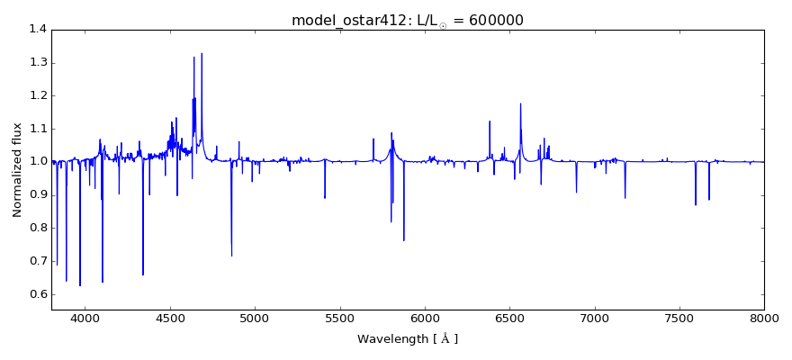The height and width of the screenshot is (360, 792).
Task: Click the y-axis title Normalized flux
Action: (x=17, y=170)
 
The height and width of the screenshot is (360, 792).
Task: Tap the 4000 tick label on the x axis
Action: (x=85, y=318)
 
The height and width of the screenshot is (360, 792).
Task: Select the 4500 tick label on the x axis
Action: (x=170, y=318)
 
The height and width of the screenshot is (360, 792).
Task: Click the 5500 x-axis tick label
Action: (x=339, y=318)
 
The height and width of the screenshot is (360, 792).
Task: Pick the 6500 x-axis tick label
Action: (x=509, y=318)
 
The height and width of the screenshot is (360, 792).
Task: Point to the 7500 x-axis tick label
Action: (x=679, y=318)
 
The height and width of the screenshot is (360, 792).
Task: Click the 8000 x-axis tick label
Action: (x=764, y=318)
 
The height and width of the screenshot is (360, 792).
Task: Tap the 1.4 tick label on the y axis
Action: (x=37, y=30)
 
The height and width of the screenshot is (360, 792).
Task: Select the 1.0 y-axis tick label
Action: (x=37, y=162)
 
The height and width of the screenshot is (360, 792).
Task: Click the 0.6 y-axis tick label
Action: (x=37, y=294)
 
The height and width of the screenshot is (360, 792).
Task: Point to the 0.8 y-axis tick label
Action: (x=37, y=229)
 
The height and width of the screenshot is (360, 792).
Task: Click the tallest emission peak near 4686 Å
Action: (x=202, y=54)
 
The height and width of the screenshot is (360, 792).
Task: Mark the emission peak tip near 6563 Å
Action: (x=520, y=103)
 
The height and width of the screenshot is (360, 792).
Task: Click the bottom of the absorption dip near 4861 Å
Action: (x=231, y=256)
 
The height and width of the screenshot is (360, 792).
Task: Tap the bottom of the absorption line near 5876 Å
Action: (x=404, y=240)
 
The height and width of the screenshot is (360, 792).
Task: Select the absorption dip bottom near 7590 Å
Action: (x=695, y=204)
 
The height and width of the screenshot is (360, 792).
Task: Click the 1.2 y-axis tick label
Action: (x=37, y=95)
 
